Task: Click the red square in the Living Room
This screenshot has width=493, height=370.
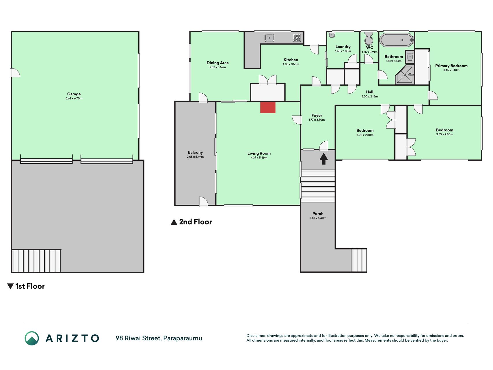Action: point(268,107)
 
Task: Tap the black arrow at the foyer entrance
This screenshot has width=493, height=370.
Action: point(323,159)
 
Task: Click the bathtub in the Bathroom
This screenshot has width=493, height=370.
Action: point(397,40)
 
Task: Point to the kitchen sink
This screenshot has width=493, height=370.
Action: point(269,38)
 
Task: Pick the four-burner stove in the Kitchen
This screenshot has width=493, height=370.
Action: point(297,38)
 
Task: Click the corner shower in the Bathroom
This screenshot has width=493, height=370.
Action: point(405,74)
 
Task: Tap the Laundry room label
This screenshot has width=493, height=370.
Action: point(343,47)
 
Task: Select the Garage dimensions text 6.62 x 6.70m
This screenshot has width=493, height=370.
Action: point(74,99)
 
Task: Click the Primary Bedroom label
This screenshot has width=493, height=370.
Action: point(451,66)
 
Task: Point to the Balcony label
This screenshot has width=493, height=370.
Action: point(195,152)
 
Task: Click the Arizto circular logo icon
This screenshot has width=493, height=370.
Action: point(32,338)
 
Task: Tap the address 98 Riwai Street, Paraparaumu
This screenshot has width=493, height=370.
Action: point(159,338)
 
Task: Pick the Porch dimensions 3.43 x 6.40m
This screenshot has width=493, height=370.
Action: point(318,218)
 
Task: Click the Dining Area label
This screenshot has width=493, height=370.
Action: point(217,63)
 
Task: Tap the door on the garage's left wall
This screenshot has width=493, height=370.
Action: point(15,73)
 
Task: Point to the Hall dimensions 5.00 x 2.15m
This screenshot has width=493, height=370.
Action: point(369,97)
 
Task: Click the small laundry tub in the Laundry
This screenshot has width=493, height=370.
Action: point(332,35)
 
